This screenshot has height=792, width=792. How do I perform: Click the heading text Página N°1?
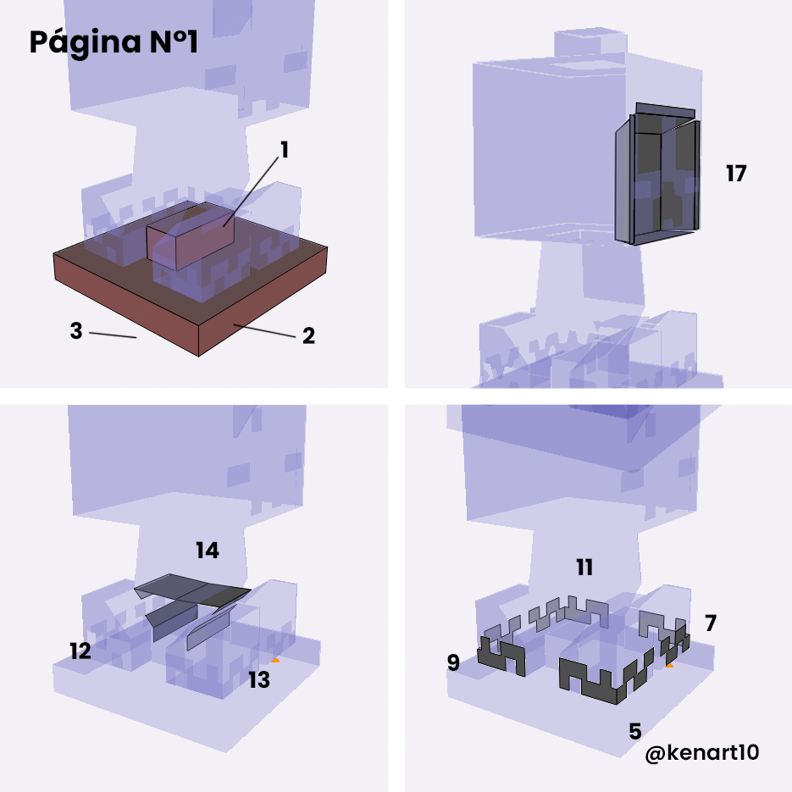[114, 42]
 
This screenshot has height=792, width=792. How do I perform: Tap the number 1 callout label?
[285, 150]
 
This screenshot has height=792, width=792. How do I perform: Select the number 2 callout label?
[308, 336]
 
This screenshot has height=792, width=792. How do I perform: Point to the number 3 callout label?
[75, 331]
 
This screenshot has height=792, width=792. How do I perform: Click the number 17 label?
[736, 174]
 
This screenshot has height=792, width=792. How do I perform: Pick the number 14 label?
[207, 551]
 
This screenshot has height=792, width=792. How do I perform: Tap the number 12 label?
[80, 651]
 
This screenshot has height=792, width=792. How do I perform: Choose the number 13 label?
[259, 680]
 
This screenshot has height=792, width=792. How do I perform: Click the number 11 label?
[584, 568]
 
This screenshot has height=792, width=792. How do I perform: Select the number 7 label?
[711, 623]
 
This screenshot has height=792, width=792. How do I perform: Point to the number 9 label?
[453, 662]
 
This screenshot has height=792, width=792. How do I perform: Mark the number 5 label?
[635, 731]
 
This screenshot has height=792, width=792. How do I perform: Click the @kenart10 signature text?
[702, 753]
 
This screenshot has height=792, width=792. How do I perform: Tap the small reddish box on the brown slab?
[191, 235]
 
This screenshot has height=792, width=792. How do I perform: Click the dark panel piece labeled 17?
[657, 174]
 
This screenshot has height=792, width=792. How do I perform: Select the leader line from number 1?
[251, 192]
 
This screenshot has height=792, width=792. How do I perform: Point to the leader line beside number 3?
[113, 335]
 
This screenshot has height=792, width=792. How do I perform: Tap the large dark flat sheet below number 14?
[192, 589]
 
